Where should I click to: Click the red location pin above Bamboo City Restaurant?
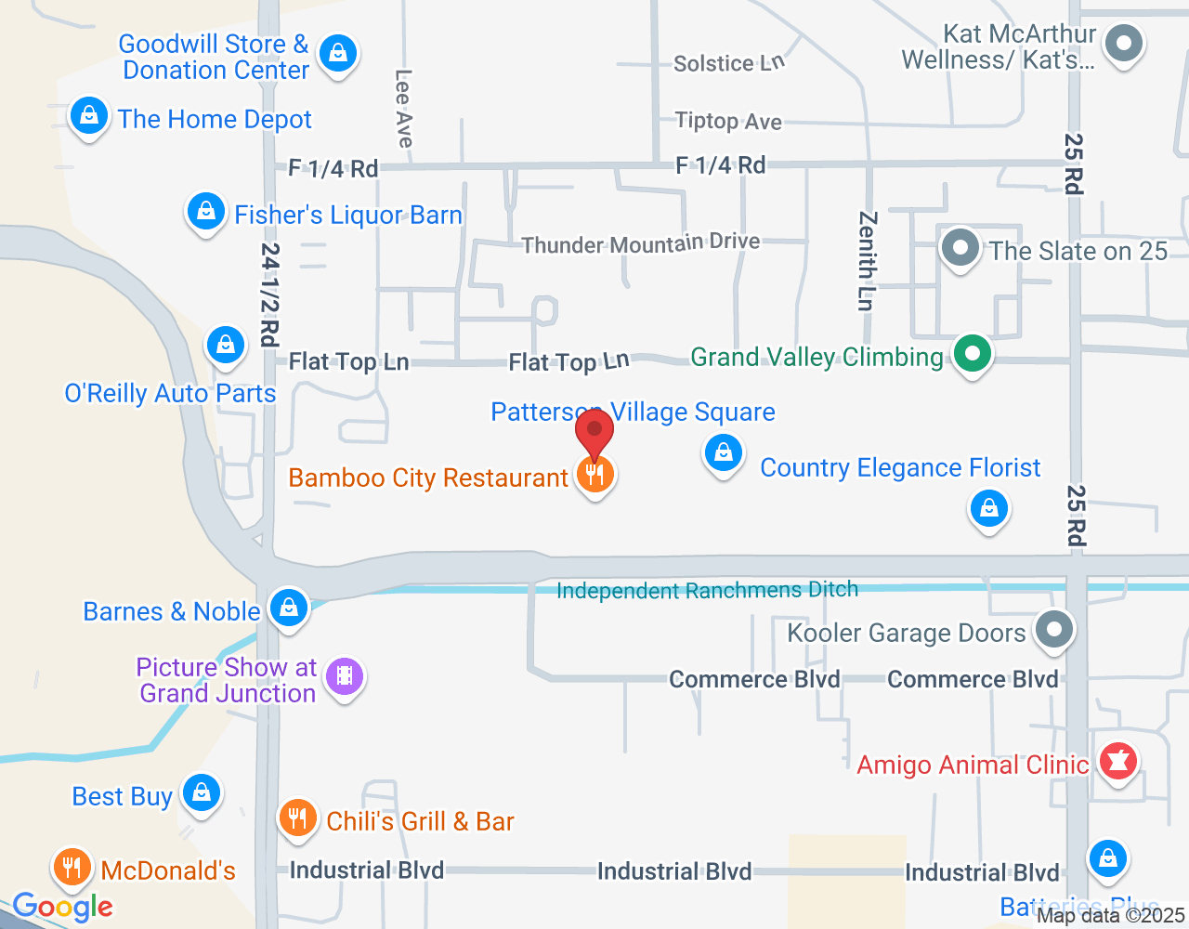(594, 433)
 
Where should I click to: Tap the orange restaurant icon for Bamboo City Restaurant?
(595, 475)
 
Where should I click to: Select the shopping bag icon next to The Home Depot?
(89, 117)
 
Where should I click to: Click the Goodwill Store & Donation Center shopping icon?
(338, 54)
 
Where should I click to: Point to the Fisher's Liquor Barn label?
(347, 216)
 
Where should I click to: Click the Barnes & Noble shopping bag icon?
(289, 608)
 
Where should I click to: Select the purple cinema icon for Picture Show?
(345, 676)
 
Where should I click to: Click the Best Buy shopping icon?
(201, 793)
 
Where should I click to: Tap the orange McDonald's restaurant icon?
(72, 868)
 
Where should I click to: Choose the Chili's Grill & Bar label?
(420, 821)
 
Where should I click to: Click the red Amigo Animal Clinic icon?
(1118, 762)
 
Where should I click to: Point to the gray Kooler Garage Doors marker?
(1053, 630)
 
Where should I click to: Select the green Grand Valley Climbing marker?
(972, 354)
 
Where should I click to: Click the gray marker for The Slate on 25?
(960, 249)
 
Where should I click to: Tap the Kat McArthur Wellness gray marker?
(1125, 44)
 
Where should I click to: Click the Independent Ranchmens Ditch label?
(707, 590)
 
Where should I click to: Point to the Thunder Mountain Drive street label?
(640, 244)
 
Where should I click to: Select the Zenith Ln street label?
(866, 260)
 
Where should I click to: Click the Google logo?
(63, 907)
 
